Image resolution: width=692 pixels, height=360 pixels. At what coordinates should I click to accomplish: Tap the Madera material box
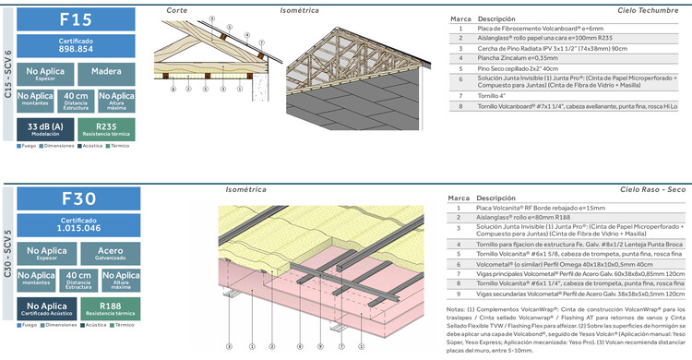(x=106, y=74)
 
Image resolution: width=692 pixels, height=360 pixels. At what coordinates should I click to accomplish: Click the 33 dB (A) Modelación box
(x=45, y=129)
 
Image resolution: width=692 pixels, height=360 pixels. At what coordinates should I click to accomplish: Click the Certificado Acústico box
(x=45, y=307)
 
